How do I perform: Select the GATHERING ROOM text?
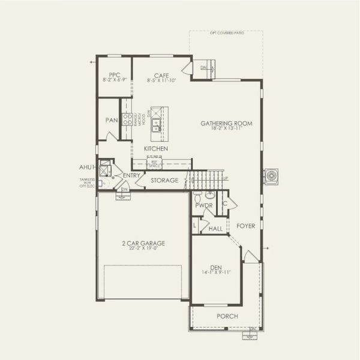pyautogui.click(x=226, y=123)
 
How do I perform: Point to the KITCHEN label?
pyautogui.click(x=155, y=148)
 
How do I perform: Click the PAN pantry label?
pyautogui.click(x=112, y=120)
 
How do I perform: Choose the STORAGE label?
pyautogui.click(x=164, y=180)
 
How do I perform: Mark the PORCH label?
pyautogui.click(x=227, y=316)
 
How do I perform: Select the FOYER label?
pyautogui.click(x=245, y=226)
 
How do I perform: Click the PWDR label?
pyautogui.click(x=204, y=205)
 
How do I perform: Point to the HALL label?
pyautogui.click(x=215, y=229)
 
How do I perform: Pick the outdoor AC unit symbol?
pyautogui.click(x=272, y=176)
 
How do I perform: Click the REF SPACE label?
pyautogui.click(x=154, y=162)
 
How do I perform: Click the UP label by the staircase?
pyautogui.click(x=226, y=178)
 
